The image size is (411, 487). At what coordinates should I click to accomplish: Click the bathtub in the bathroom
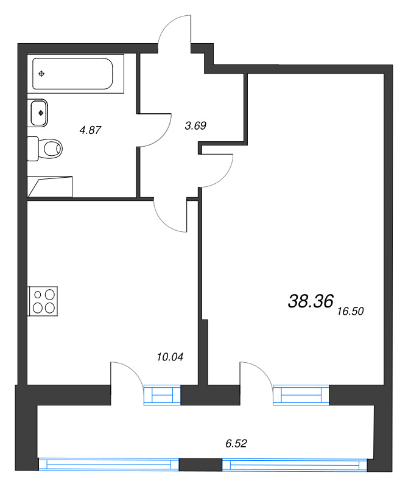tap(76, 74)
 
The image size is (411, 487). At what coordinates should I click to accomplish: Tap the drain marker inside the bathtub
tap(41, 74)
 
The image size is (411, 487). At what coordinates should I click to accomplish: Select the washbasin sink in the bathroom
tap(38, 113)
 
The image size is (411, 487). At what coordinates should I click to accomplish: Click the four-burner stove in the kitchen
tap(43, 301)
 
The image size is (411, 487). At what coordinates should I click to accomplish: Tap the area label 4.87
tap(90, 130)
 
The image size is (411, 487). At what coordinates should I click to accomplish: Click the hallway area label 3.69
tap(195, 125)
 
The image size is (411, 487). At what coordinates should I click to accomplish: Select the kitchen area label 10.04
tap(170, 357)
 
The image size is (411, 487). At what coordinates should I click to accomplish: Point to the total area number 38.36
tap(311, 301)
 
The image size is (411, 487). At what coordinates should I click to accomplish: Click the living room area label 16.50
tap(351, 311)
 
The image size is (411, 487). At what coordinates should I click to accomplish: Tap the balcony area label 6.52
tap(236, 443)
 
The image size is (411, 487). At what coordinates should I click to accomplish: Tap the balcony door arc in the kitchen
tap(133, 370)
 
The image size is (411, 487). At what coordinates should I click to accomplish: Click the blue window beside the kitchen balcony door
tap(162, 394)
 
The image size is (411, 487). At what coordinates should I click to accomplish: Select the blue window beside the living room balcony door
tap(301, 394)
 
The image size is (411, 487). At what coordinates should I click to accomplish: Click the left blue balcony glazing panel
tap(109, 464)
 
